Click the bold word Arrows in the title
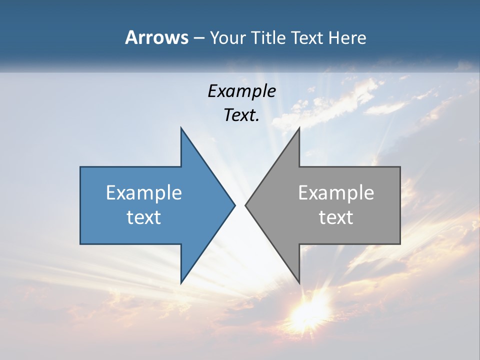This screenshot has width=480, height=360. [156, 37]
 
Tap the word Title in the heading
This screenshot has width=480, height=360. [268, 37]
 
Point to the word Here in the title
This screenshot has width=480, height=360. [347, 37]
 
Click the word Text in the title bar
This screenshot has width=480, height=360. [307, 37]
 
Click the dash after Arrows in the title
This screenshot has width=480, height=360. [198, 38]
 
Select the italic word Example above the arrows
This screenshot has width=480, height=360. [241, 91]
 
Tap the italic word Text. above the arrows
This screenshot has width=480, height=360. [241, 115]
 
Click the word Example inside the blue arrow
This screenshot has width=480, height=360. [144, 192]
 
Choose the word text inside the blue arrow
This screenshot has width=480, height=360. [144, 217]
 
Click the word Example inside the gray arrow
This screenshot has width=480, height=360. [336, 192]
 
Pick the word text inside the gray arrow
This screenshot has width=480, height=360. [336, 217]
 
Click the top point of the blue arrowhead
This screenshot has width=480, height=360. [181, 128]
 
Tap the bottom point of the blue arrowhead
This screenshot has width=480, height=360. [181, 282]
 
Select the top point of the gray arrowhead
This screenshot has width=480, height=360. [299, 128]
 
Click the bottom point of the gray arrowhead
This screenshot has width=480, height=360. [299, 282]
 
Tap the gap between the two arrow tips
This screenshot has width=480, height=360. [240, 205]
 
